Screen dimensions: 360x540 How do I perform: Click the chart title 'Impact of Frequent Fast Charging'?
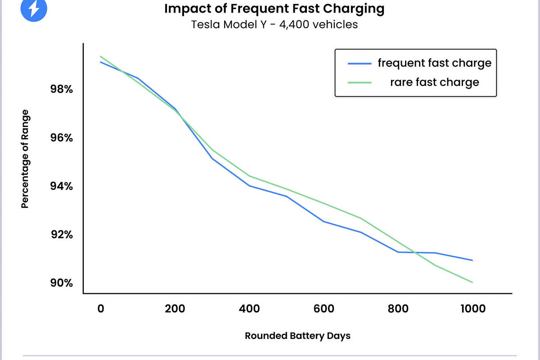(274, 9)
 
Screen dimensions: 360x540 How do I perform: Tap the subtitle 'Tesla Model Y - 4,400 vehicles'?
(274, 24)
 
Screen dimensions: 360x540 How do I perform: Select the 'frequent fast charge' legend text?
(434, 63)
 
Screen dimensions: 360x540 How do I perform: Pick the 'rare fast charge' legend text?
(434, 82)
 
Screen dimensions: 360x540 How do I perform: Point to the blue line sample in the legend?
(360, 63)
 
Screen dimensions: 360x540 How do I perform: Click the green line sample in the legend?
(360, 82)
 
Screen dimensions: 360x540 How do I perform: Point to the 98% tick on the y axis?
(62, 89)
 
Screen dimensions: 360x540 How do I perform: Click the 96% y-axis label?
(62, 138)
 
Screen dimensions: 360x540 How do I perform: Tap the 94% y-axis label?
(62, 186)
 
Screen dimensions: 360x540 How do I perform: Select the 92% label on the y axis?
(62, 235)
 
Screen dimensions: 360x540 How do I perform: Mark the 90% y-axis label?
(62, 283)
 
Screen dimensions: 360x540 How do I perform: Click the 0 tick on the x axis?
(100, 309)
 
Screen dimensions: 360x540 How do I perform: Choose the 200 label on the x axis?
(175, 309)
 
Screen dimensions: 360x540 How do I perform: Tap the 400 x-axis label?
(249, 309)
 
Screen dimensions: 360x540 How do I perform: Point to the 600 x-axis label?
(324, 309)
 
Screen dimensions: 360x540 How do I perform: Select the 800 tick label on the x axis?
(398, 309)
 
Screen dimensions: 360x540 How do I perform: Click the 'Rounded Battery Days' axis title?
(297, 336)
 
